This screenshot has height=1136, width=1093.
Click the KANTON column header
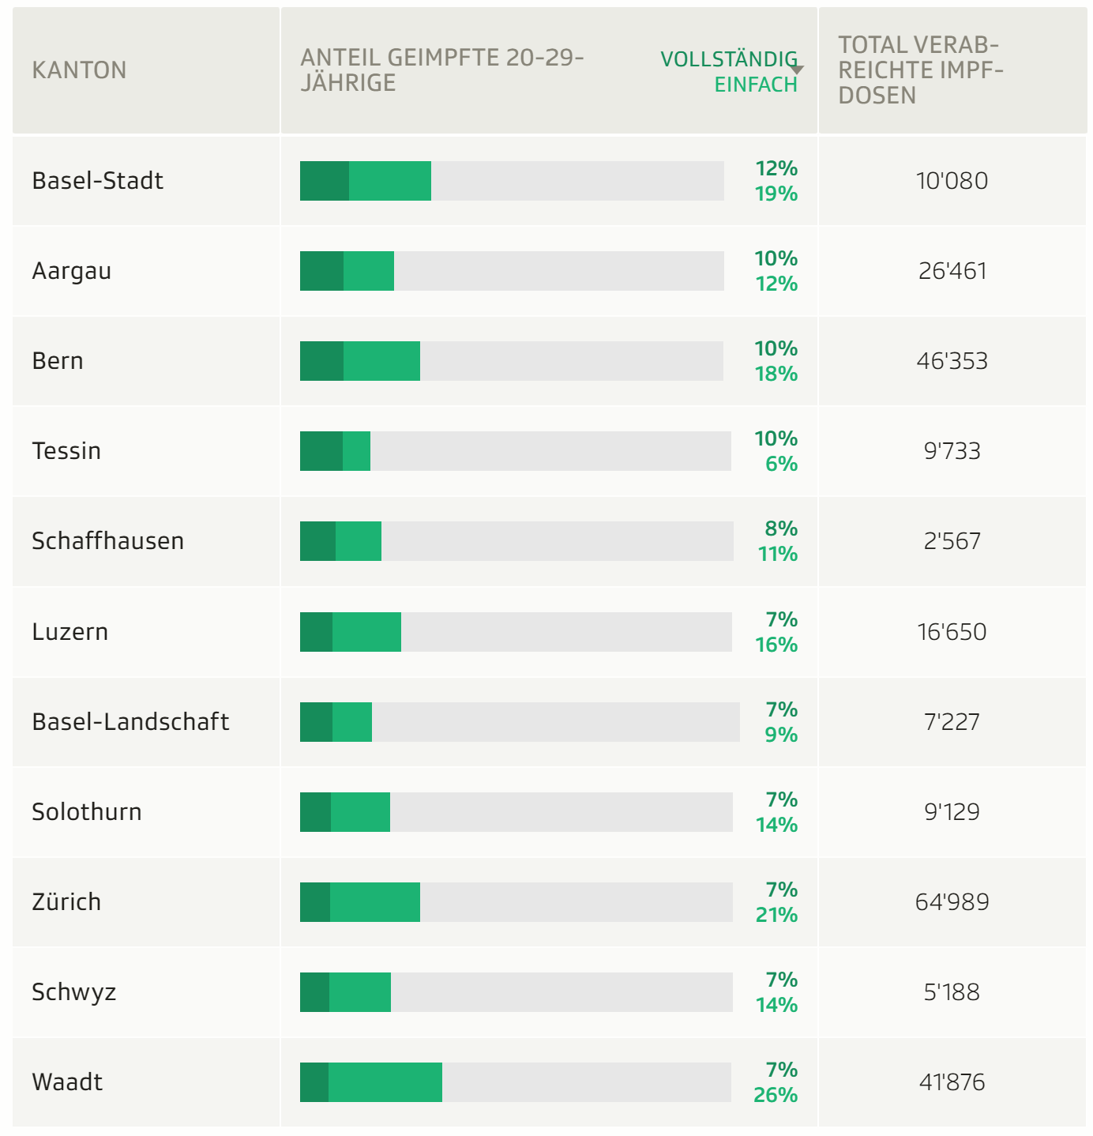click(79, 70)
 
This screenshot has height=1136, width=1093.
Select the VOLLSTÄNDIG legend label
click(728, 59)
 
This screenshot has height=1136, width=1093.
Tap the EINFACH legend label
click(755, 85)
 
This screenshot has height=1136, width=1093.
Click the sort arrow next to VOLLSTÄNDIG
click(797, 70)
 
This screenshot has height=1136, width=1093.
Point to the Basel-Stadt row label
click(97, 181)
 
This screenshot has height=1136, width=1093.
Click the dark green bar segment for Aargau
click(321, 271)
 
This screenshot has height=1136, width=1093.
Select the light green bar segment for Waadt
click(385, 1082)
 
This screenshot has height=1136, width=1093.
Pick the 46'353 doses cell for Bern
click(952, 361)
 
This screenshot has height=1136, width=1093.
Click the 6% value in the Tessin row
click(781, 464)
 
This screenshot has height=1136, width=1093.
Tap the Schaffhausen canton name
click(107, 541)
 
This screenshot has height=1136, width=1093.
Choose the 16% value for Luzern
click(776, 645)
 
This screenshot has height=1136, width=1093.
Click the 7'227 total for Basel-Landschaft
click(952, 722)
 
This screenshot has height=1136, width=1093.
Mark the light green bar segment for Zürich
click(374, 902)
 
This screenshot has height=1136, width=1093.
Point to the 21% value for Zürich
click(776, 915)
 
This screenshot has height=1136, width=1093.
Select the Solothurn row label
click(87, 812)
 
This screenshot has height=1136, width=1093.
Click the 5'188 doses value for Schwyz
click(952, 992)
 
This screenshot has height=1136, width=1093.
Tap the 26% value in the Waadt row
click(776, 1095)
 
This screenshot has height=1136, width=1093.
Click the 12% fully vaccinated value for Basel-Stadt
click(776, 168)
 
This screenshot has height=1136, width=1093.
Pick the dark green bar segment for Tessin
click(321, 451)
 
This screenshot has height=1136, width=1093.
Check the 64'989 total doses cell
click(952, 902)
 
